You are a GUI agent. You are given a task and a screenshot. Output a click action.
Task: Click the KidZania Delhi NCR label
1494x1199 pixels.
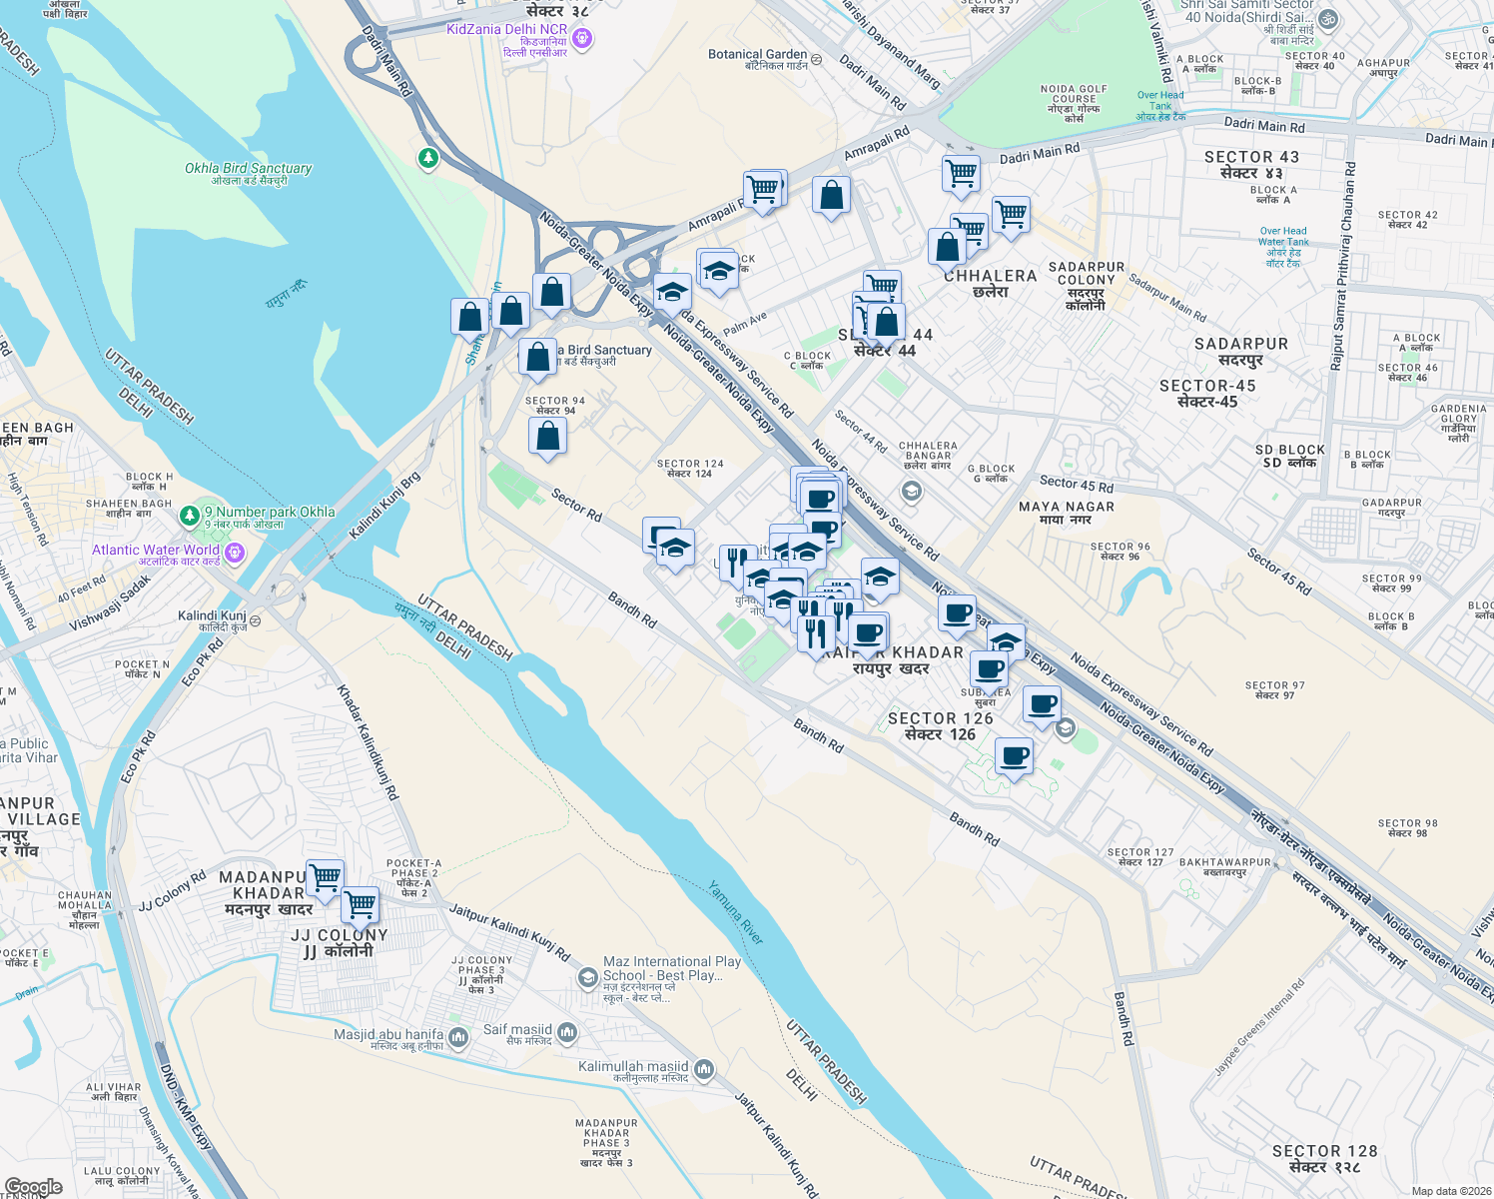(x=506, y=30)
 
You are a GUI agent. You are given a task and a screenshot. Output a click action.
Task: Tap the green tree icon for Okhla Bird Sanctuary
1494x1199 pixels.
(x=428, y=158)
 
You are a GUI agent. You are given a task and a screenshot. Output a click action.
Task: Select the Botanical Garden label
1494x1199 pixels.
(x=757, y=54)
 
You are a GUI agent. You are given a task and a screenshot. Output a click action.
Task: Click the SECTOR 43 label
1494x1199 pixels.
(x=1251, y=158)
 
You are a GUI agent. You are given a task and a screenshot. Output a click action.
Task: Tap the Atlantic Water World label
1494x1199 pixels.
(x=156, y=551)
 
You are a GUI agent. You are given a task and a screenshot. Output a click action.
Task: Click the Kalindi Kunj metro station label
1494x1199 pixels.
(x=212, y=615)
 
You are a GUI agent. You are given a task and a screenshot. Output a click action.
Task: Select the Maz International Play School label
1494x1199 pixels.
(x=672, y=968)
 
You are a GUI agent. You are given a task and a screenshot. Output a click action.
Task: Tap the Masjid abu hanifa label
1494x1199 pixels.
(x=388, y=1035)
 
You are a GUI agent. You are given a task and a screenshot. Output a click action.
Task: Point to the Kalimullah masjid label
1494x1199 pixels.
(x=633, y=1067)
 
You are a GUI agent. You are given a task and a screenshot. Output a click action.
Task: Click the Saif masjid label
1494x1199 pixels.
(x=517, y=1030)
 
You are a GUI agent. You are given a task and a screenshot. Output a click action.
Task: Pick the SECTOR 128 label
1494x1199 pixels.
(x=1324, y=1151)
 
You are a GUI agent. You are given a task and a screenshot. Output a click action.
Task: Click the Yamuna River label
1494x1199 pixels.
(x=736, y=913)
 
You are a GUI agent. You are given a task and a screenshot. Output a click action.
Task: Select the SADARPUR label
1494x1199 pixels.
(x=1241, y=344)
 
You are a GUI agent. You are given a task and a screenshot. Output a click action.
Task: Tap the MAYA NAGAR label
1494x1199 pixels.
(x=1067, y=508)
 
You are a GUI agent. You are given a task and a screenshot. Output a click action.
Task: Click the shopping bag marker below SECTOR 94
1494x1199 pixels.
(x=547, y=437)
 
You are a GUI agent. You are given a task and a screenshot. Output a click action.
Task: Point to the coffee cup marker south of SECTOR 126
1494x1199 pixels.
(x=1014, y=756)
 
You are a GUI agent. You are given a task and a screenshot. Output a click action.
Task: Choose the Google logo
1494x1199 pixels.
(x=32, y=1187)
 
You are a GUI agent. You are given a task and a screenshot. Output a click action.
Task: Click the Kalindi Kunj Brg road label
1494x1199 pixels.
(x=384, y=507)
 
